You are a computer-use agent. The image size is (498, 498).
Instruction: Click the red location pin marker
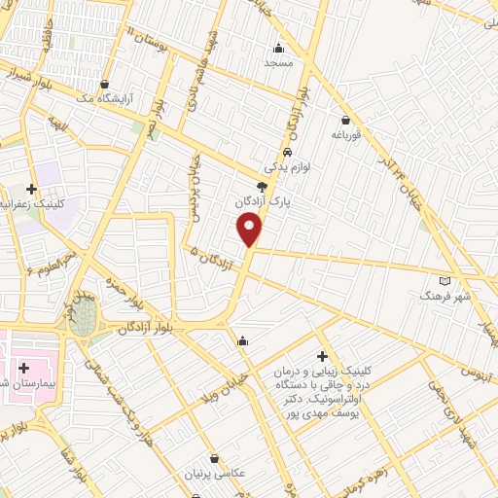250,231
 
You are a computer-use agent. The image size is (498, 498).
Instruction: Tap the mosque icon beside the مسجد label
279,48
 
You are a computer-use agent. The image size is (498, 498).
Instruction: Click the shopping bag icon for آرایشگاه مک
117,85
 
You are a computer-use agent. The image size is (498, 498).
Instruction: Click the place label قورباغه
345,135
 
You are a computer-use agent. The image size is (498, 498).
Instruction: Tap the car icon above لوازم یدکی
288,153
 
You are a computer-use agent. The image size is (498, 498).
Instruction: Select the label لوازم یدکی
288,168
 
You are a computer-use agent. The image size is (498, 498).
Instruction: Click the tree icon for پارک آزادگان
261,185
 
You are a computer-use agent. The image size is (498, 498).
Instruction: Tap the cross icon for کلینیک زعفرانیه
32,189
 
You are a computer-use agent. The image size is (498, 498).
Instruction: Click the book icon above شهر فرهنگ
445,279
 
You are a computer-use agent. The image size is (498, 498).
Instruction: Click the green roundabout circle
85,316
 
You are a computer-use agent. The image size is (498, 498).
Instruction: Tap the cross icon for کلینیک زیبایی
322,357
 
